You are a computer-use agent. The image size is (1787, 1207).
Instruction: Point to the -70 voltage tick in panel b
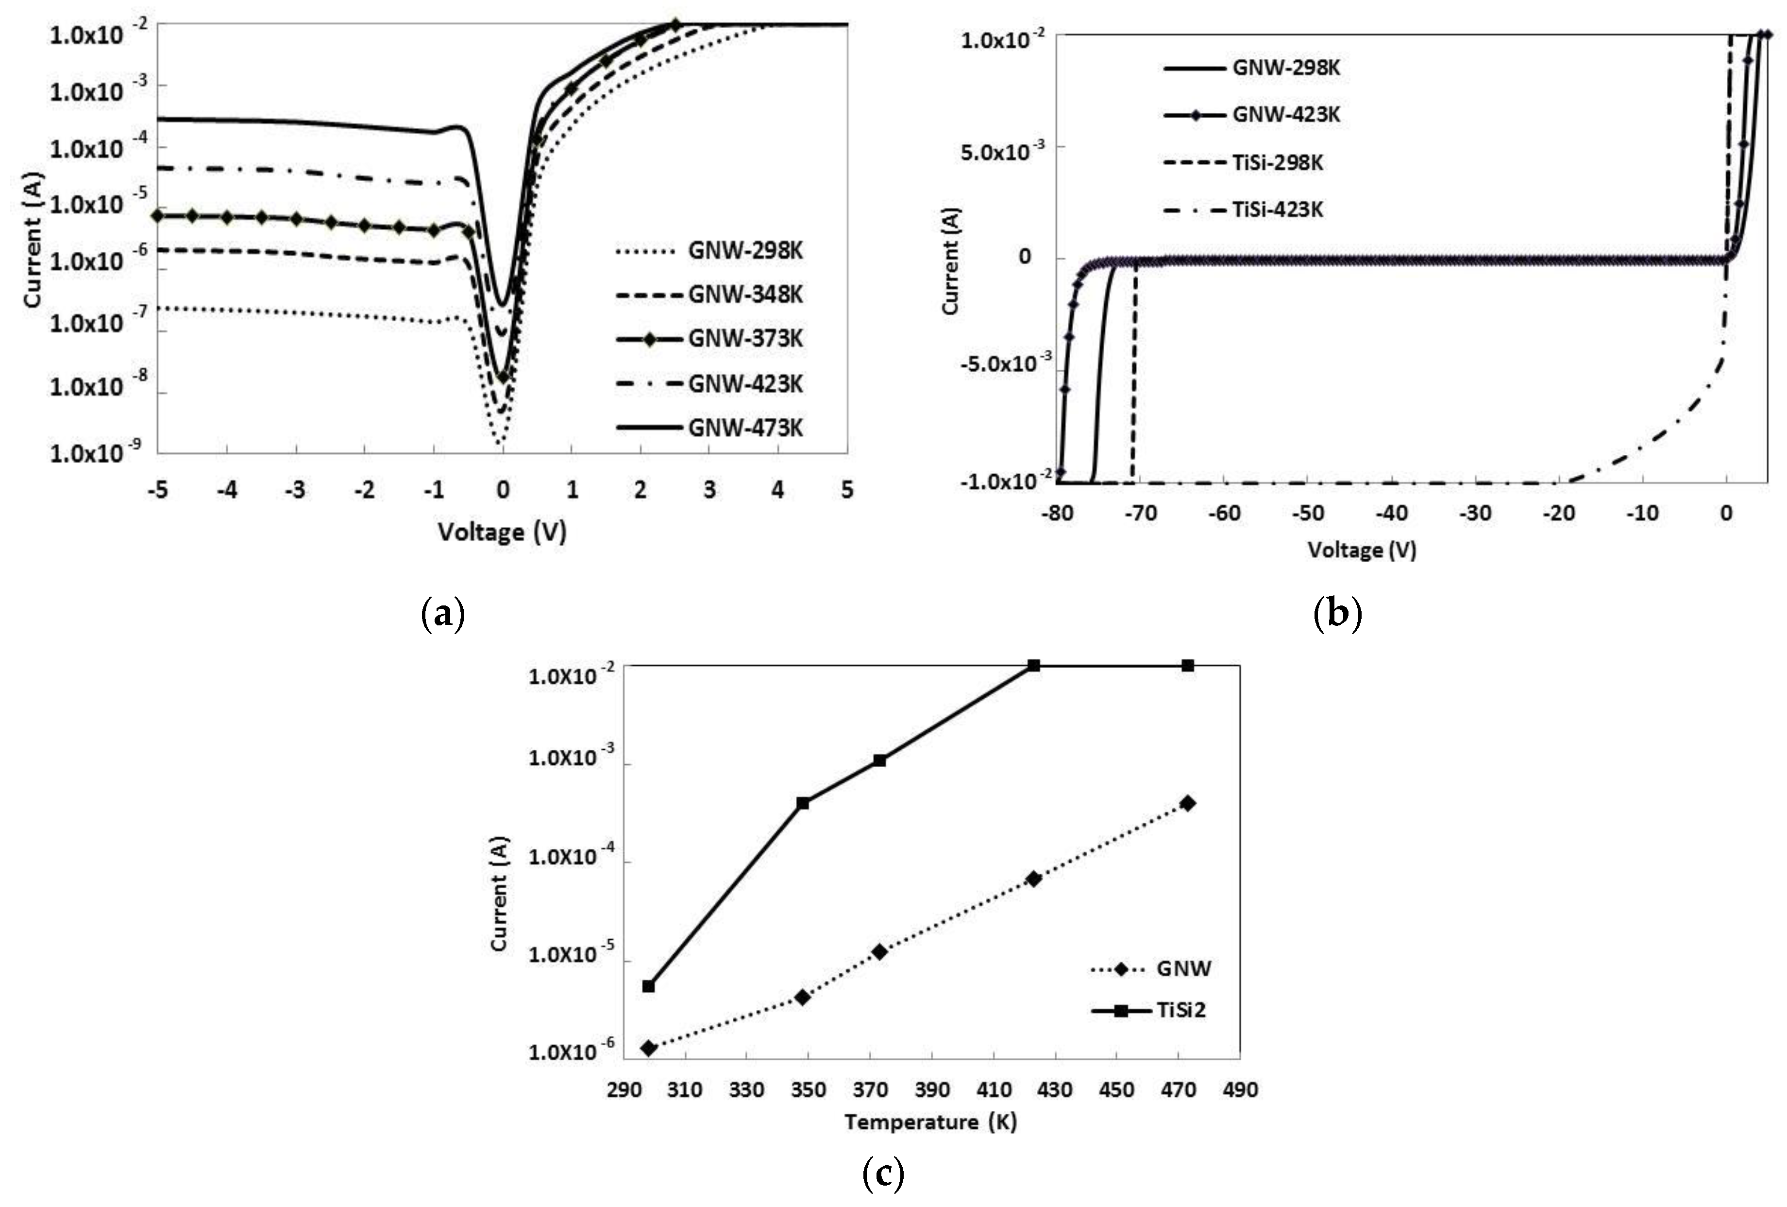coord(1140,513)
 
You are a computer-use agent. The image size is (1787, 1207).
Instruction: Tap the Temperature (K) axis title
coord(930,1121)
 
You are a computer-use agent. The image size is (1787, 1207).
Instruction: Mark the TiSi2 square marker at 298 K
coord(648,986)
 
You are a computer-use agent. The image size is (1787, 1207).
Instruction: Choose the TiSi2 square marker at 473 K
coord(1188,665)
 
